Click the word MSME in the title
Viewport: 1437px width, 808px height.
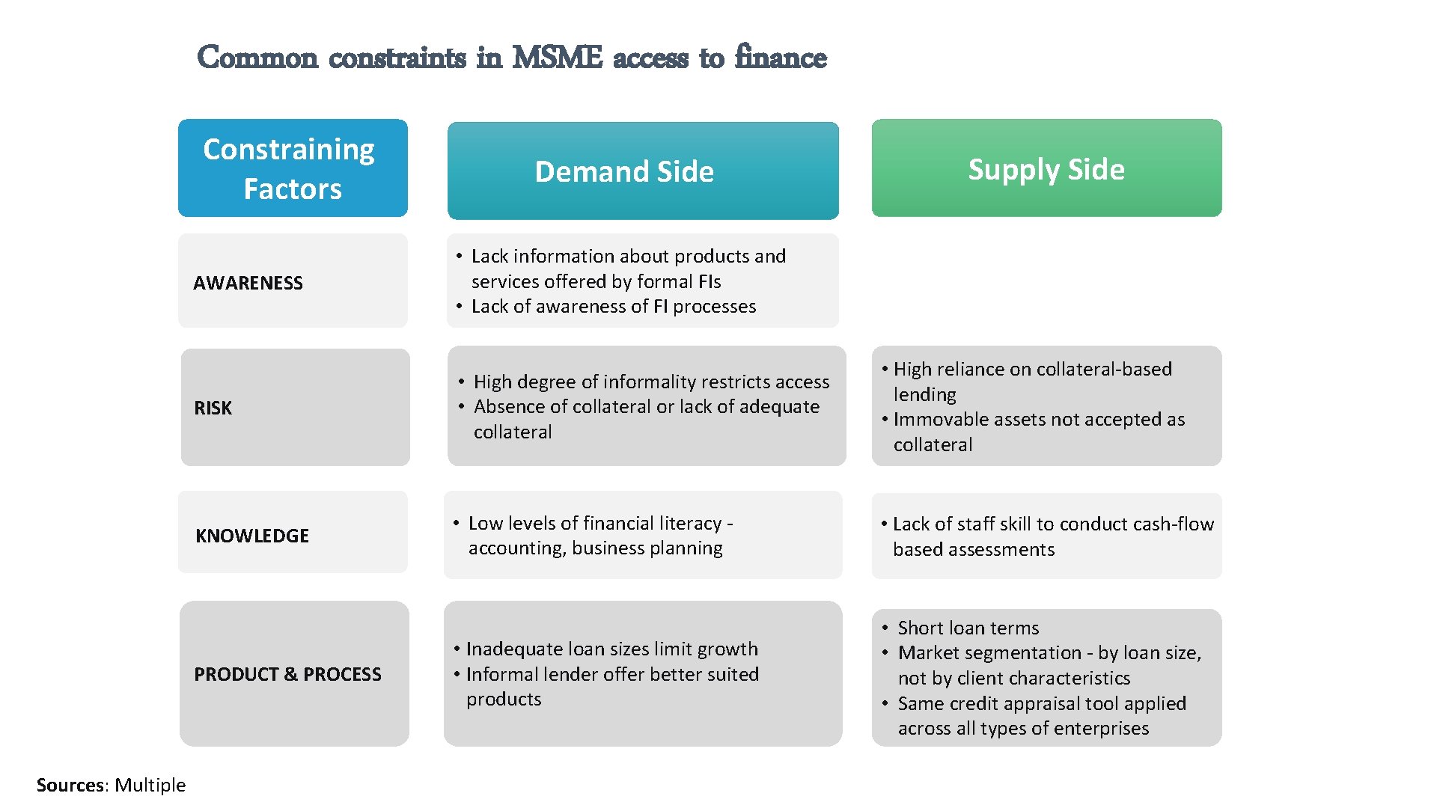click(x=557, y=58)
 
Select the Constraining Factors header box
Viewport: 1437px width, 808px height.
click(x=293, y=168)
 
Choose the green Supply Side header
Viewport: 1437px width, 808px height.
click(x=1046, y=169)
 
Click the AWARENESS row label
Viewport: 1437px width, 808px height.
click(x=248, y=283)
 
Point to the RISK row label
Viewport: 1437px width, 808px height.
click(x=213, y=408)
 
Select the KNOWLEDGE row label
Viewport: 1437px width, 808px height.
click(x=252, y=536)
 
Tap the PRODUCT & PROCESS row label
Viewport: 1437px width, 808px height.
click(x=287, y=674)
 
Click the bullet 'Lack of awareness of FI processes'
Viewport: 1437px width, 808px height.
click(x=614, y=307)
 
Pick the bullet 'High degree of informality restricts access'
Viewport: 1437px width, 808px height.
click(x=651, y=382)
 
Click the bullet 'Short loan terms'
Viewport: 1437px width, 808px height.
click(x=968, y=628)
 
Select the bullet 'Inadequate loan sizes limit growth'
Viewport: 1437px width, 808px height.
click(x=611, y=649)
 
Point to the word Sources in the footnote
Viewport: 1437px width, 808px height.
click(x=70, y=785)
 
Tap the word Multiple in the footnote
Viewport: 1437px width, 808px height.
click(x=150, y=785)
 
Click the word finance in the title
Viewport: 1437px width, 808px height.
click(x=781, y=58)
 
